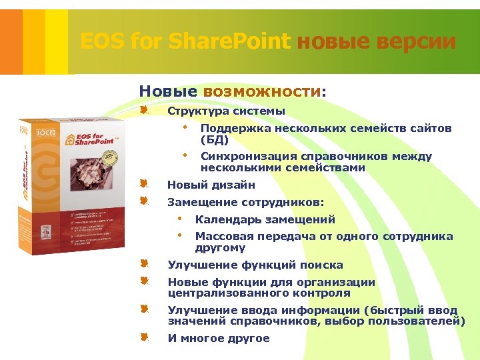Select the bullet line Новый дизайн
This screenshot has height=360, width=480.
coord(211,185)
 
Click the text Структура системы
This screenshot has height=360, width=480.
coord(226,111)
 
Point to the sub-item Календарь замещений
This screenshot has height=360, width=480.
coord(265,219)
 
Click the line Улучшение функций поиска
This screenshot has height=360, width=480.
coord(255,265)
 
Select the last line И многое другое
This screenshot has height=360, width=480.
coord(219,338)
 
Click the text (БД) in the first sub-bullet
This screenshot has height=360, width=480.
coord(215,139)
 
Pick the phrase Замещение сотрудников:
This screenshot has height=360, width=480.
coord(246,201)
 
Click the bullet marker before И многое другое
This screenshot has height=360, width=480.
coord(144,337)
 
